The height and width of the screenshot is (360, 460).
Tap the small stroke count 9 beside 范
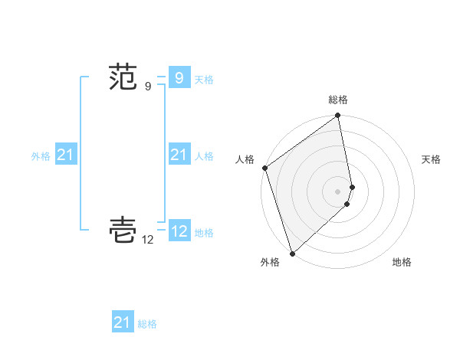[148, 87]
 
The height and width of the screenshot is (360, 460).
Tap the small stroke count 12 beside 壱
[148, 240]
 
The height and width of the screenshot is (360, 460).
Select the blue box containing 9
[179, 77]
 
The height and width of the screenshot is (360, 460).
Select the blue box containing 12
[179, 231]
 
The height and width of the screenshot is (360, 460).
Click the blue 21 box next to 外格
[65, 155]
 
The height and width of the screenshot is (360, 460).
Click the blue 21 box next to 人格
[179, 155]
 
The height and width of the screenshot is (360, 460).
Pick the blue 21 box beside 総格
[122, 322]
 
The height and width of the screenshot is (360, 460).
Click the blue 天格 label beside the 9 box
[204, 80]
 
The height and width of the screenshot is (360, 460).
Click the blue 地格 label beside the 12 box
[204, 233]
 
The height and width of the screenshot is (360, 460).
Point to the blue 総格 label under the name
[147, 325]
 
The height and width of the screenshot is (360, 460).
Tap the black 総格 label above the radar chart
[338, 100]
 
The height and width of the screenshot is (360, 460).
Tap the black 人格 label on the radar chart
[245, 159]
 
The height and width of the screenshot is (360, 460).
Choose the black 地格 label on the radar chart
[402, 263]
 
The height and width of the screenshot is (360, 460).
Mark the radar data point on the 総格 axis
[338, 116]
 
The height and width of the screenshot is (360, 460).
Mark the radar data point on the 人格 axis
[264, 168]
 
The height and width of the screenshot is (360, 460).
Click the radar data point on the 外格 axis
[292, 254]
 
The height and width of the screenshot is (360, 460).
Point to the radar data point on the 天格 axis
[353, 187]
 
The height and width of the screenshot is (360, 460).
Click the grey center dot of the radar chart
[338, 191]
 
